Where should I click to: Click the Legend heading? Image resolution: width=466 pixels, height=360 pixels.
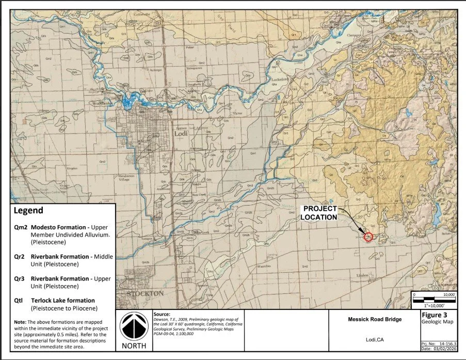coord(28,211)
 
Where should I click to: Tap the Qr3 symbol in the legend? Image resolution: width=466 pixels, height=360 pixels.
coord(21,278)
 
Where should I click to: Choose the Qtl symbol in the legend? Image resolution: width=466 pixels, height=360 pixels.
coord(20,300)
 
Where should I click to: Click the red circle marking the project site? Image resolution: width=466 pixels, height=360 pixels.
coord(368,237)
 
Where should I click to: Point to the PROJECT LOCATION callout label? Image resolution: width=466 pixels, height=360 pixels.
coord(319,213)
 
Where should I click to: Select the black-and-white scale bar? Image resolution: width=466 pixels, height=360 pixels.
coord(433,299)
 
